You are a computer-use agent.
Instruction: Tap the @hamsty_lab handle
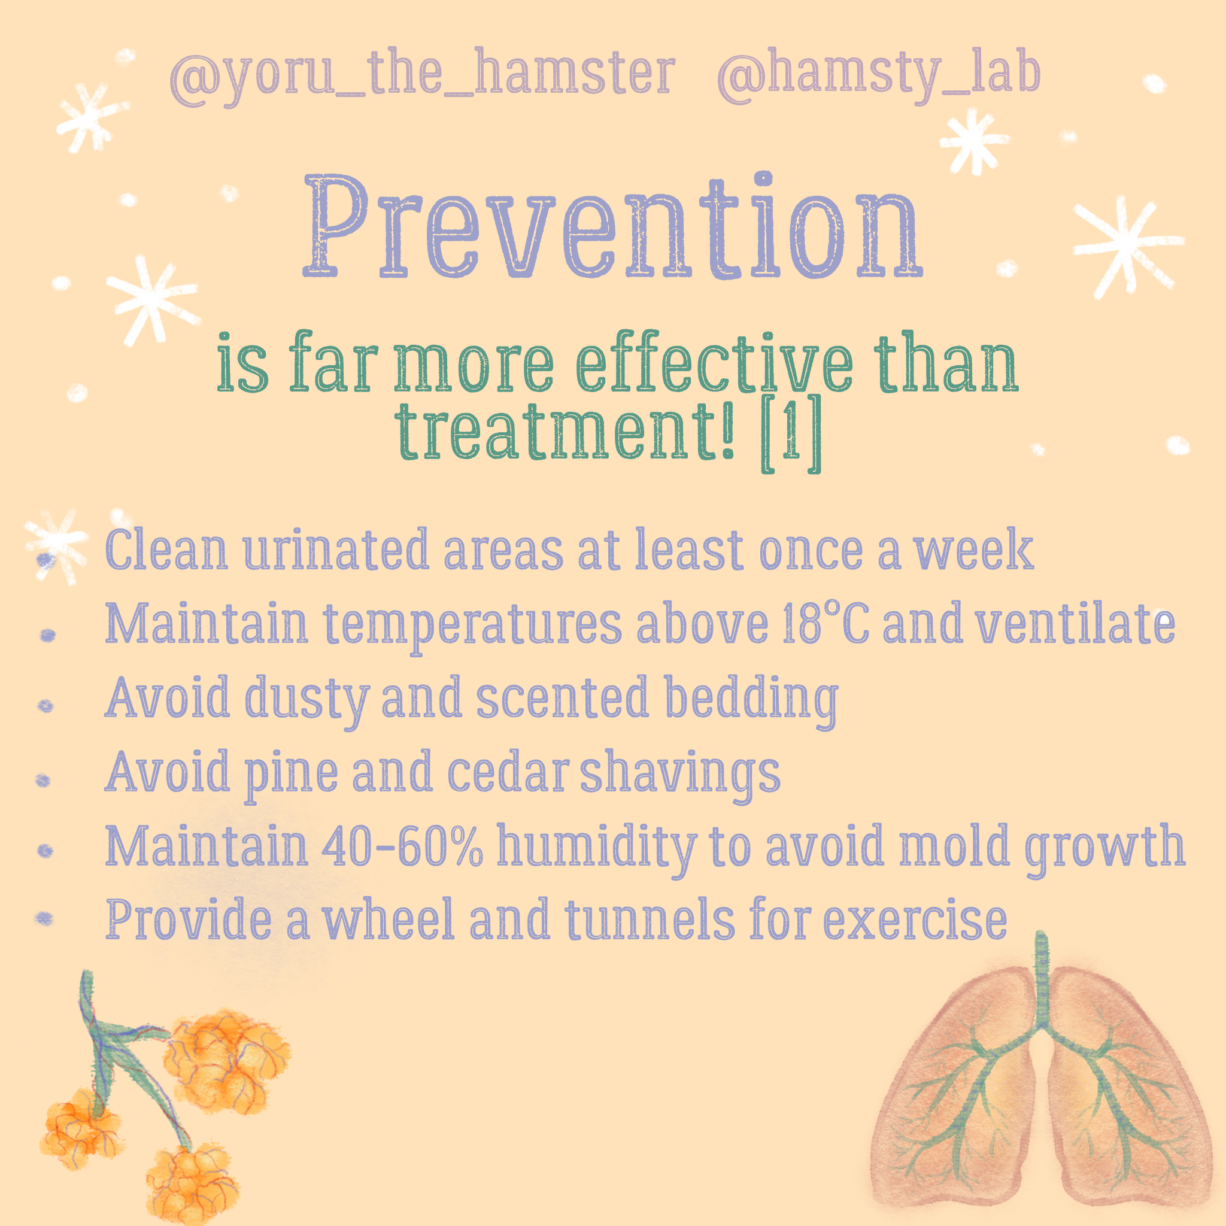click(x=879, y=75)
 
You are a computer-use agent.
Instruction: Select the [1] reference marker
click(x=791, y=435)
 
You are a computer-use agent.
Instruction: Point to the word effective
click(x=715, y=363)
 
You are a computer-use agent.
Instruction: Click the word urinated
click(x=336, y=550)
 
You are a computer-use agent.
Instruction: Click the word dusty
click(x=306, y=700)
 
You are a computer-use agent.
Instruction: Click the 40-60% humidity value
click(x=402, y=845)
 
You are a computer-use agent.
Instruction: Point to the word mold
click(x=954, y=845)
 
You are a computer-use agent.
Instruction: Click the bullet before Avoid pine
click(x=43, y=780)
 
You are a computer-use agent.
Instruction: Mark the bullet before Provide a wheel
click(x=44, y=918)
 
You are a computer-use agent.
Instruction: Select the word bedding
click(x=751, y=701)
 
